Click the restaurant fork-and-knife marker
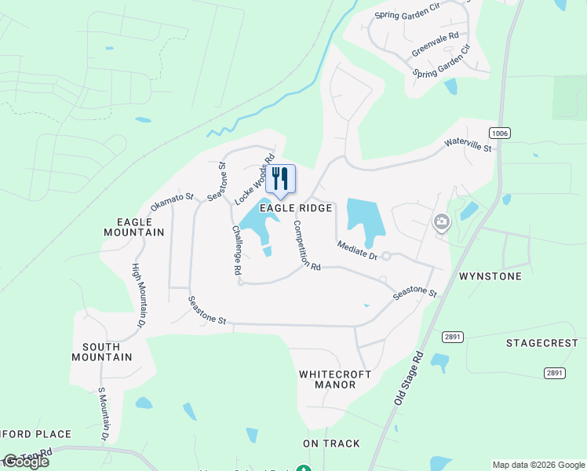click(x=280, y=179)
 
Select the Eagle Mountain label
click(x=134, y=226)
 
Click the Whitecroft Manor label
click(x=335, y=380)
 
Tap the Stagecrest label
click(x=541, y=343)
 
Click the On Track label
click(x=331, y=444)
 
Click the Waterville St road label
click(x=468, y=144)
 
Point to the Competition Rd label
click(x=306, y=245)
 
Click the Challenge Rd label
click(x=236, y=250)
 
